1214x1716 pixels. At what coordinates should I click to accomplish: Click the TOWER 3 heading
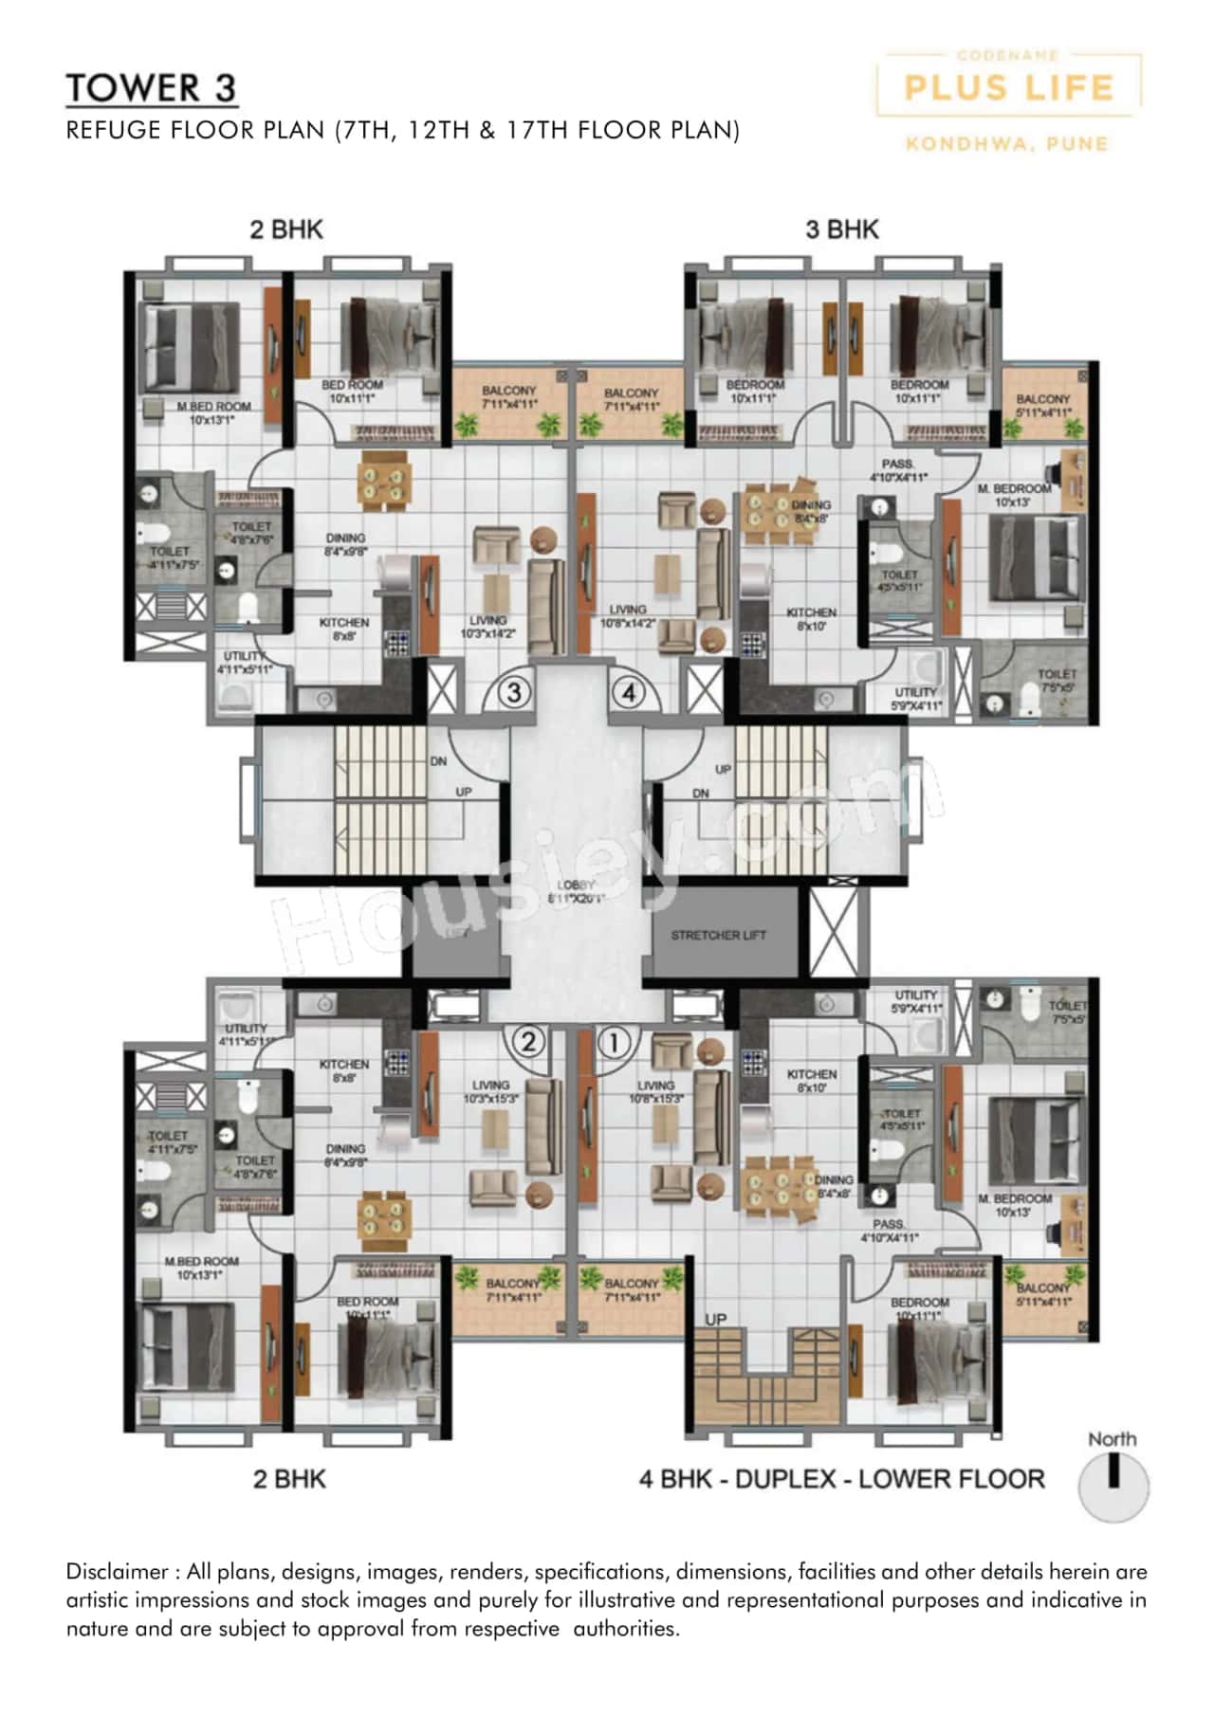(151, 87)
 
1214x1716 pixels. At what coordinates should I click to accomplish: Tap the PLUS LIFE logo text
(1008, 88)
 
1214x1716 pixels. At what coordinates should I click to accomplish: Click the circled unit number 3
(514, 692)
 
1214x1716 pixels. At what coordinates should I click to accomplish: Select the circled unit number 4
(629, 692)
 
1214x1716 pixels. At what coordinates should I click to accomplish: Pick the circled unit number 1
(615, 1043)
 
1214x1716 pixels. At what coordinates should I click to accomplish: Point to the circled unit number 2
(528, 1043)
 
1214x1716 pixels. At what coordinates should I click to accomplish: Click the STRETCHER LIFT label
(718, 935)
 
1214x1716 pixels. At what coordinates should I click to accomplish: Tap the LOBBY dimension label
(576, 892)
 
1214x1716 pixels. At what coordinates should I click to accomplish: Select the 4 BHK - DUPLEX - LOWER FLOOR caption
(841, 1479)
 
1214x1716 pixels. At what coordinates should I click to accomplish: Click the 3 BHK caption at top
(841, 229)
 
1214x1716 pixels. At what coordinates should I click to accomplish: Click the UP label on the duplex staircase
(715, 1320)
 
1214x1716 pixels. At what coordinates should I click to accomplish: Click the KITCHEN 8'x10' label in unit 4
(811, 619)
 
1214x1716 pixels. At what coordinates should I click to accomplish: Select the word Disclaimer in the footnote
(117, 1571)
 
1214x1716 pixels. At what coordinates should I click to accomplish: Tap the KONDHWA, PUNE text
(1006, 144)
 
